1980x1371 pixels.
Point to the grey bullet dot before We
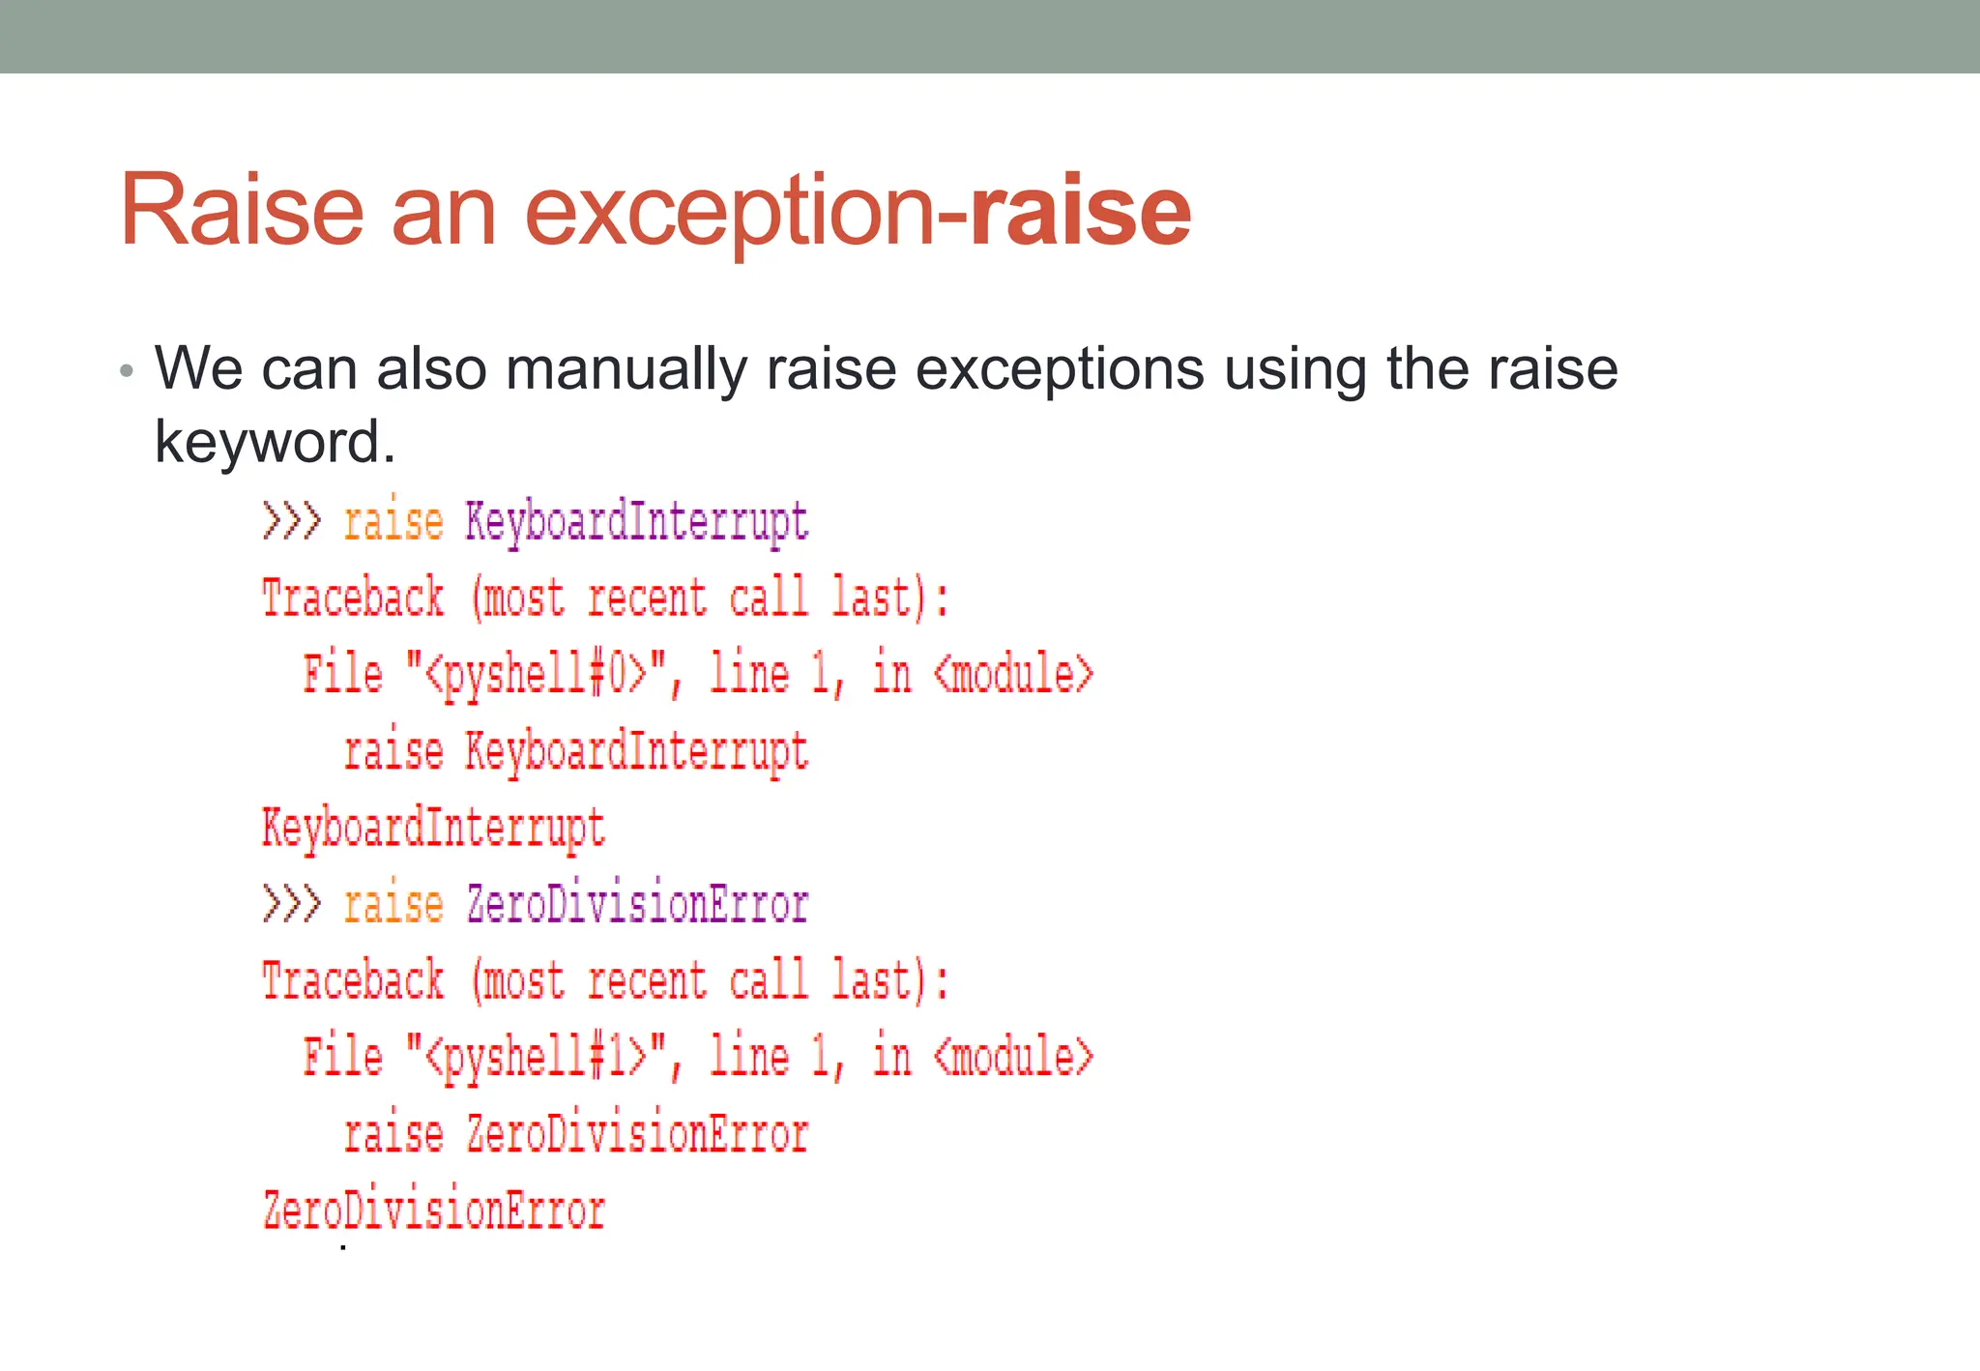click(x=126, y=370)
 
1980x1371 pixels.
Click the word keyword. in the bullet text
click(x=276, y=442)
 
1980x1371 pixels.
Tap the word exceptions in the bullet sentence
click(x=1060, y=369)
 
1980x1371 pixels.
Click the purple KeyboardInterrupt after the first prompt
click(x=636, y=522)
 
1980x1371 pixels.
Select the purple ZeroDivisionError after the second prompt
click(x=637, y=905)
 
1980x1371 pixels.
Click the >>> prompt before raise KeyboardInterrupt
click(x=290, y=522)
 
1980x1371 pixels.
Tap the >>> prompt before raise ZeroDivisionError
click(x=290, y=905)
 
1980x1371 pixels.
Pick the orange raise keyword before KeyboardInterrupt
click(x=393, y=522)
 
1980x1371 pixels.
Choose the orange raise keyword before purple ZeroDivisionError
click(x=393, y=905)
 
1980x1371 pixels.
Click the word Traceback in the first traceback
click(x=353, y=598)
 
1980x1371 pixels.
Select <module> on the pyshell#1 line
click(x=1013, y=1057)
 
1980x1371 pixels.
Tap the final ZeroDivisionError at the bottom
click(x=434, y=1211)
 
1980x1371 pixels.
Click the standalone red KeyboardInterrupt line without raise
click(x=434, y=829)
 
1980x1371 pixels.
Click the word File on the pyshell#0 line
click(x=342, y=674)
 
